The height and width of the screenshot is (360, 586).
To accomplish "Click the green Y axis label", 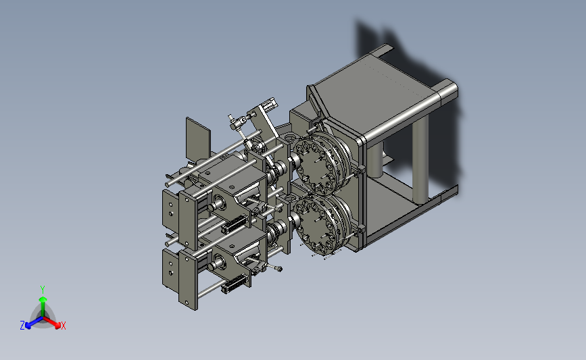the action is (42, 290).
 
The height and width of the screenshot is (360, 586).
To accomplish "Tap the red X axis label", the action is (63, 326).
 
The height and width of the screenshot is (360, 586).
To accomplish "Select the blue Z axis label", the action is (22, 326).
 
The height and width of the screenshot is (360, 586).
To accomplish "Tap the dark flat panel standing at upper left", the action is (198, 139).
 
